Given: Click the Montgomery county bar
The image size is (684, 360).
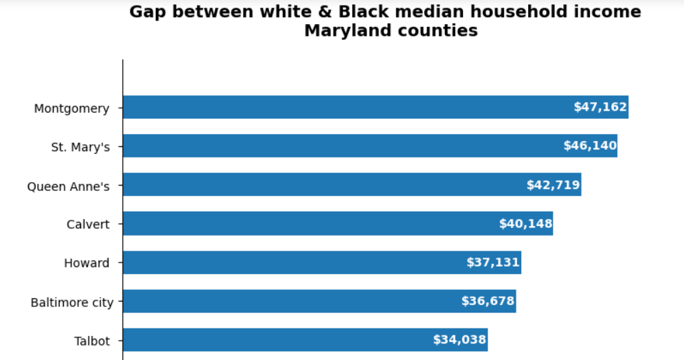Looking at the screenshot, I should [x=343, y=107].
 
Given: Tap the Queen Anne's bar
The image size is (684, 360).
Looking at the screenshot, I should [x=323, y=185].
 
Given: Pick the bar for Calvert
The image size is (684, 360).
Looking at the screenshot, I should [x=309, y=223].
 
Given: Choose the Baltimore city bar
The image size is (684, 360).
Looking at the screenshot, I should [x=288, y=301].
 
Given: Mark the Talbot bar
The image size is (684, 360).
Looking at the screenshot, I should [x=275, y=339].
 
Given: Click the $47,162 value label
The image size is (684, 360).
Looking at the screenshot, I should [x=600, y=107].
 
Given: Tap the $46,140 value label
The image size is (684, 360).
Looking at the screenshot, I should [x=590, y=146].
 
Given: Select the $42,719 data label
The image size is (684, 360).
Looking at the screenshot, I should [x=553, y=185].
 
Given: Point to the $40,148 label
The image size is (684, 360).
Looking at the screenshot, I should [x=525, y=223].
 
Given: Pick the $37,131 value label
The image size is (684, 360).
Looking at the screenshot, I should [x=492, y=262].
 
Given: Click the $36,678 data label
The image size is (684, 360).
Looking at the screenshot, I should [x=488, y=301].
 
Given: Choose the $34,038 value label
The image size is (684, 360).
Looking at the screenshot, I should [x=459, y=339].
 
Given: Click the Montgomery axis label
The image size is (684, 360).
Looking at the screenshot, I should [x=71, y=109].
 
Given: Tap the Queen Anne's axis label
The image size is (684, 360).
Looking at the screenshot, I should [x=68, y=186].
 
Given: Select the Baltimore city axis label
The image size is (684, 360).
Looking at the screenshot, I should [x=72, y=302].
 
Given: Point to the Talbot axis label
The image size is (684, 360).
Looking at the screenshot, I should [x=92, y=341].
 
